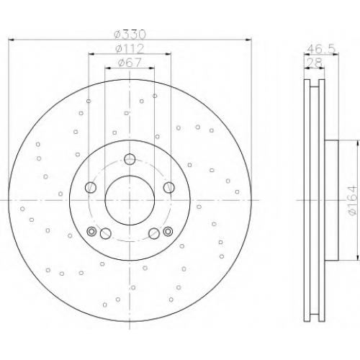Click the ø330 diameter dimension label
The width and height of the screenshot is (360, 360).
point(130,35)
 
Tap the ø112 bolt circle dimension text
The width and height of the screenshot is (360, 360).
point(130,49)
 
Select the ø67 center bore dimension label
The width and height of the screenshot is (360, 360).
point(130,63)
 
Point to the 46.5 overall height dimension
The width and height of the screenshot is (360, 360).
point(321,49)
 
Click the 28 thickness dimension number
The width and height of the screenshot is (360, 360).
point(315,63)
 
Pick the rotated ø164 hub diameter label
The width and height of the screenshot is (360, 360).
point(354,200)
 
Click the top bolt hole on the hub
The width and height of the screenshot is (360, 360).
point(130,159)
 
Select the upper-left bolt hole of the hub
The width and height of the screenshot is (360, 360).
point(91,187)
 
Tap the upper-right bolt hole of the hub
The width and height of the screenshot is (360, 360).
point(169,187)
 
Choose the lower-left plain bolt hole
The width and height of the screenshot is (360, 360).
point(105,233)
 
